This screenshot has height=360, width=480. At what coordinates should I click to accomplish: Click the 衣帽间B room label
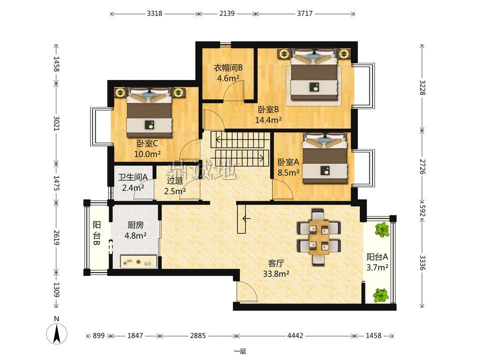click(228, 67)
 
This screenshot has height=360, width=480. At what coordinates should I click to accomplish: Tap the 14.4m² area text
click(268, 119)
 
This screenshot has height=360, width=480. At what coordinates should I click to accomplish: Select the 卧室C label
click(147, 143)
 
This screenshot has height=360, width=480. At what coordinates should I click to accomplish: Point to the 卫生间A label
click(133, 177)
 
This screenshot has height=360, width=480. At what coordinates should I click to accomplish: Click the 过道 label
click(175, 180)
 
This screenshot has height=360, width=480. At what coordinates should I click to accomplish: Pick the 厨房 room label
click(135, 225)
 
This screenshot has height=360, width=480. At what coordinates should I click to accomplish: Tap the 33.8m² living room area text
click(276, 273)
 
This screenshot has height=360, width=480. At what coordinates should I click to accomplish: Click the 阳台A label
click(377, 256)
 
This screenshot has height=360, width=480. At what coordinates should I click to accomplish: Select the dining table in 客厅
click(318, 237)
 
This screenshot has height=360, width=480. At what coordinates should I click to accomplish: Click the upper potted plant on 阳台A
click(382, 229)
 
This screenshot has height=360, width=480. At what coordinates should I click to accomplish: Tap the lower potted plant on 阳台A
click(381, 295)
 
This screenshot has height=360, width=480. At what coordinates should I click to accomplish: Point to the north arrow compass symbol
click(56, 333)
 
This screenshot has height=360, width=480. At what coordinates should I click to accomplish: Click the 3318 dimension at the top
click(154, 13)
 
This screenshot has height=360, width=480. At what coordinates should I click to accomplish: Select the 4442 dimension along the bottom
click(295, 335)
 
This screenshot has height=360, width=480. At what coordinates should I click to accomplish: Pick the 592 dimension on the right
click(422, 210)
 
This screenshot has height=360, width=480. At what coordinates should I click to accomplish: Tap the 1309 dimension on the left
click(56, 290)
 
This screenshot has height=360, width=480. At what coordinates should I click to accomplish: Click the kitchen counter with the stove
click(139, 261)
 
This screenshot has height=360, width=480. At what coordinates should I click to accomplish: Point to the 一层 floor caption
click(240, 351)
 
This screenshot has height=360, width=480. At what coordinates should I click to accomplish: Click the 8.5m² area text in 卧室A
click(288, 172)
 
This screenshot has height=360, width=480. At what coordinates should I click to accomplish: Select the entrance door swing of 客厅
click(247, 291)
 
